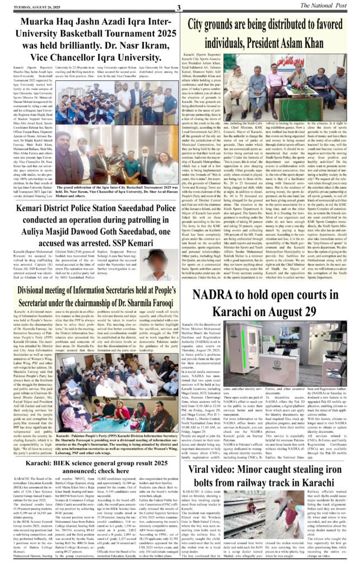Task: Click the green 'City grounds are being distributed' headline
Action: [268, 31]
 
